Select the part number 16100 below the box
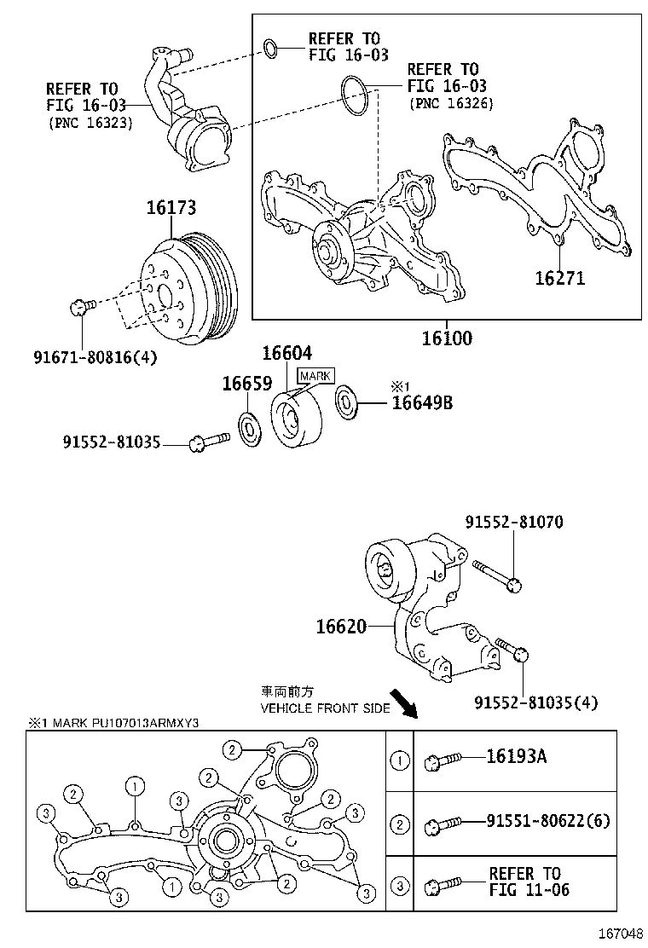tap(446, 338)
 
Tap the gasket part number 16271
tap(559, 278)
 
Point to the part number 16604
tap(286, 353)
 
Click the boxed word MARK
tap(315, 375)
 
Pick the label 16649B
tap(422, 402)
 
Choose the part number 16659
tap(246, 384)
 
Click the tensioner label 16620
tap(341, 627)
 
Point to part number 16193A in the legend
tap(516, 756)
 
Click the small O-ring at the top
tap(270, 49)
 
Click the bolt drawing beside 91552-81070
tap(496, 575)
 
